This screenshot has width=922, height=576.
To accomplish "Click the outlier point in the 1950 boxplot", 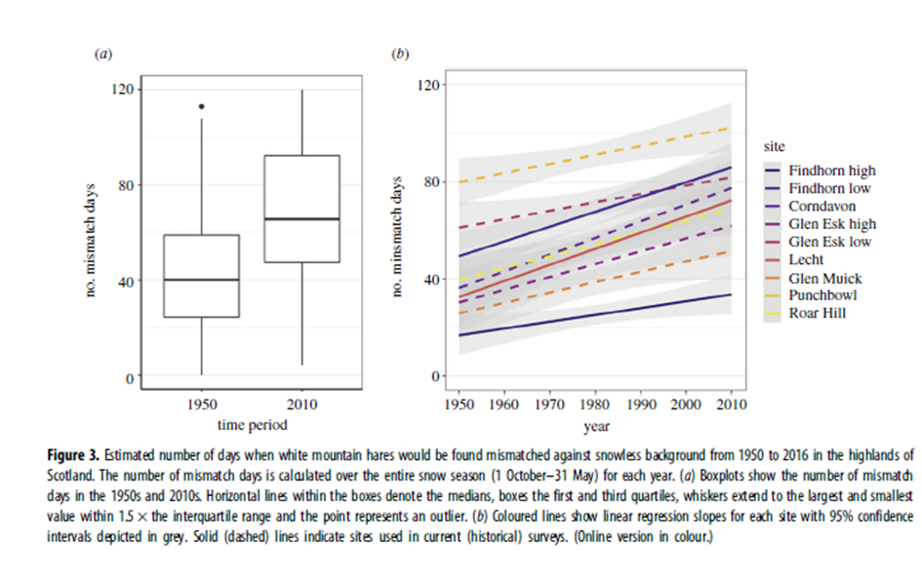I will click(201, 106).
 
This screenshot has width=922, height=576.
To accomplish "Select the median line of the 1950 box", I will click(201, 280).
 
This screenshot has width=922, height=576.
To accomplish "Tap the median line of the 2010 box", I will click(301, 219).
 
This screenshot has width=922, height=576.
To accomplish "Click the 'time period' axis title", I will click(251, 424).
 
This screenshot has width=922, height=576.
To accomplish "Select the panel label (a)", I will click(102, 55).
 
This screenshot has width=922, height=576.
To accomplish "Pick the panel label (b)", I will click(399, 55).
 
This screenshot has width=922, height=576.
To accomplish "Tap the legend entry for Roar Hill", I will click(816, 314).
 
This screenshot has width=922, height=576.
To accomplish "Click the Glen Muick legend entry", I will click(824, 278).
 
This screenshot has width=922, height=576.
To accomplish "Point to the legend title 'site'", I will click(775, 145).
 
